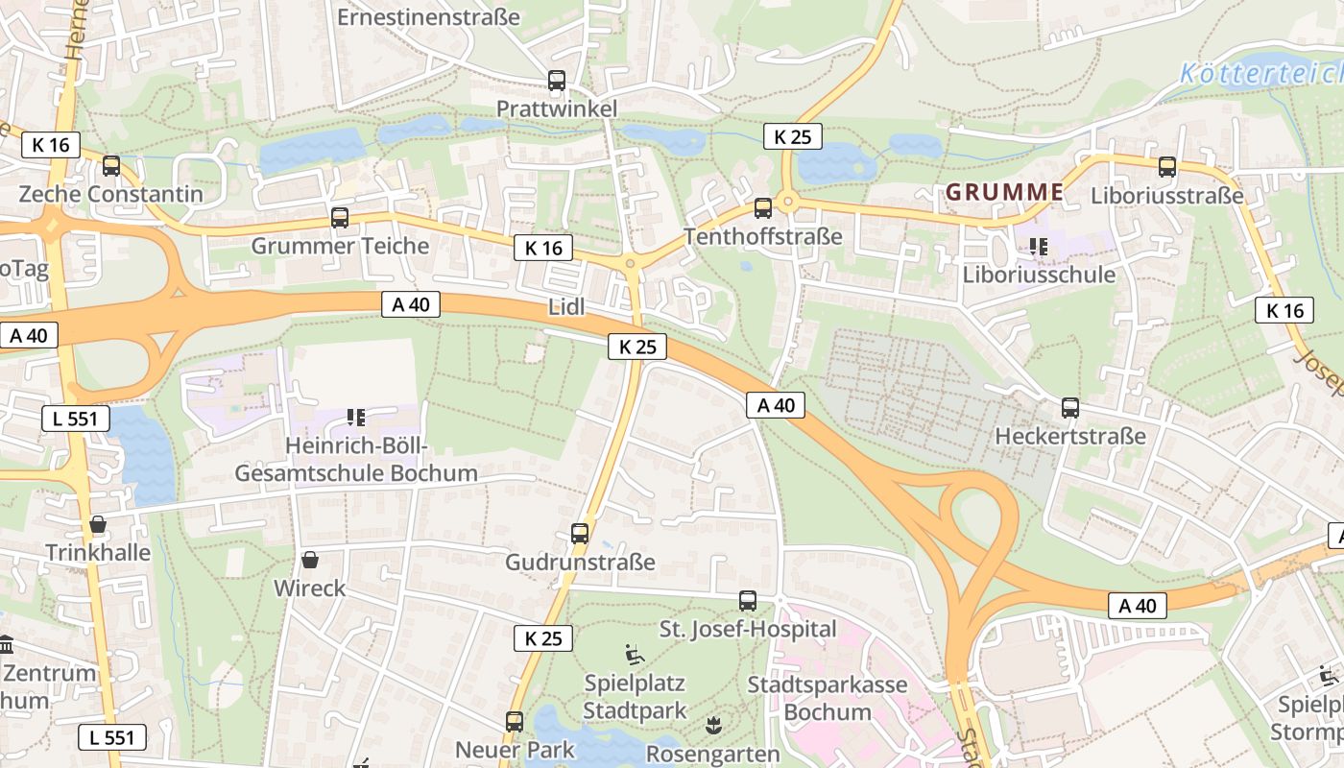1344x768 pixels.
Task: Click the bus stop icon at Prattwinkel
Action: point(557,81)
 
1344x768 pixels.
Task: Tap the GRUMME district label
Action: point(1004,192)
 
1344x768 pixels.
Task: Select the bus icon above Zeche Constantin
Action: point(111,166)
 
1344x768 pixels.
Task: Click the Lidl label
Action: point(566,307)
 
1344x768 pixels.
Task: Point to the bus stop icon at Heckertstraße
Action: point(1070,408)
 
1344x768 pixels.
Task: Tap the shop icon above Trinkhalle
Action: point(98,524)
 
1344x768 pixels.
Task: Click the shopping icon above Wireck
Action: point(310,560)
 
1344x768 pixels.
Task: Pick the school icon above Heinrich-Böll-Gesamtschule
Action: point(356,418)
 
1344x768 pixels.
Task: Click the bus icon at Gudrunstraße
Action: point(580,534)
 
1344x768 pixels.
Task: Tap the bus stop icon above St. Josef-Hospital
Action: point(748,601)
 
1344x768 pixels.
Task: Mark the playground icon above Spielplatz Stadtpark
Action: point(636,655)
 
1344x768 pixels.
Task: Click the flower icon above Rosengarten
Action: point(712,725)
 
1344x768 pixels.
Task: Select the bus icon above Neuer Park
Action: point(515,722)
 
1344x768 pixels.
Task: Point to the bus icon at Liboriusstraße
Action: point(1167,167)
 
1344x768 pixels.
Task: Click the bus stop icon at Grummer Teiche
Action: point(340,218)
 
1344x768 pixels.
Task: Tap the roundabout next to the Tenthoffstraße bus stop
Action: point(788,202)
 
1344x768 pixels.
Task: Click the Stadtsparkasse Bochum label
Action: point(827,698)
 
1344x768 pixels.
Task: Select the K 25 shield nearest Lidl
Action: point(636,347)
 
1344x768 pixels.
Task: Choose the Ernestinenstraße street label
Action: point(428,16)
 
